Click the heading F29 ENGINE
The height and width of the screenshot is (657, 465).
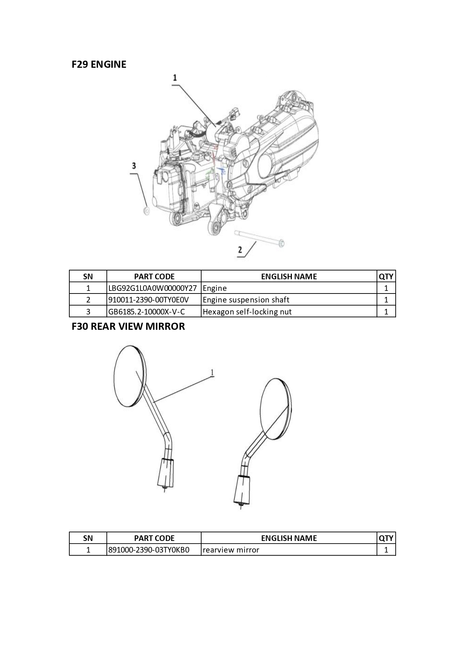(99, 64)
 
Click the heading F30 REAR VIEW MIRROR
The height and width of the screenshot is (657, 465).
(128, 326)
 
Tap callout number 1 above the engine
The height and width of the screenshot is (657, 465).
(175, 78)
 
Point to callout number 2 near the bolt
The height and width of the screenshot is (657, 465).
(240, 249)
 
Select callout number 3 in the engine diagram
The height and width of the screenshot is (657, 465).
(133, 166)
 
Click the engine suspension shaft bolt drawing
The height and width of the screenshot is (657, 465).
(259, 238)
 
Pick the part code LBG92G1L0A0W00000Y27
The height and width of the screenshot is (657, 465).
(153, 288)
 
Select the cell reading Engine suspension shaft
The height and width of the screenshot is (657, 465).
(246, 300)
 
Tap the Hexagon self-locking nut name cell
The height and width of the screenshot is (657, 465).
(247, 312)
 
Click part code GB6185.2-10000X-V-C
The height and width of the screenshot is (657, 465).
(147, 312)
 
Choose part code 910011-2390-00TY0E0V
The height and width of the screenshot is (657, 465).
(148, 300)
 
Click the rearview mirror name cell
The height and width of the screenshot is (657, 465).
(231, 550)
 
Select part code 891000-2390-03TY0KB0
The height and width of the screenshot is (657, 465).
(149, 550)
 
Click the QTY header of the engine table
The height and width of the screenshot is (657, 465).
(386, 277)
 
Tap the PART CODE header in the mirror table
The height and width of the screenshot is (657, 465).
(154, 538)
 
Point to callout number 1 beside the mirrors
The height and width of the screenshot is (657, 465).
(212, 372)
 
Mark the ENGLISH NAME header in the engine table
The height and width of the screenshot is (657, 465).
(289, 277)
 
